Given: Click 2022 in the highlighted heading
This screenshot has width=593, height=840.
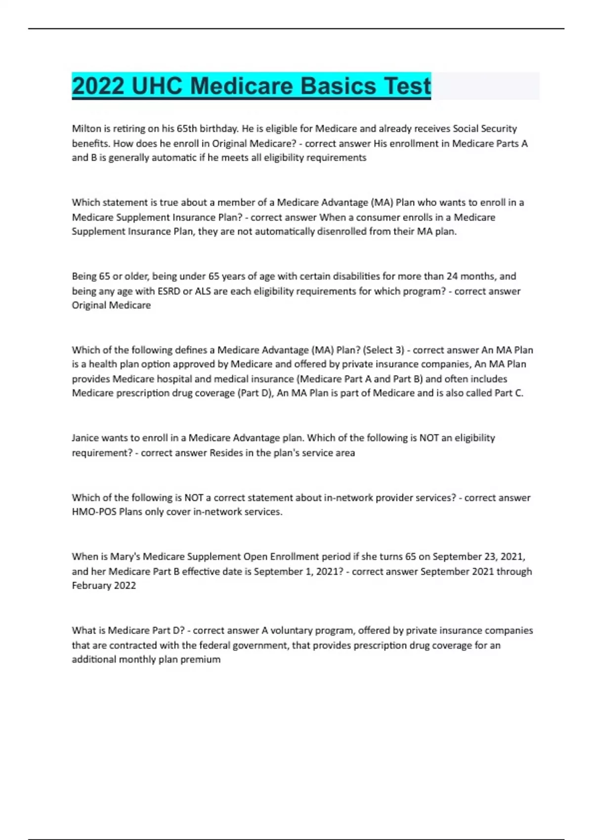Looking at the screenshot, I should click(98, 86).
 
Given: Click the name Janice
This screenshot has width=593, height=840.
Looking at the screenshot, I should click(85, 438).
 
